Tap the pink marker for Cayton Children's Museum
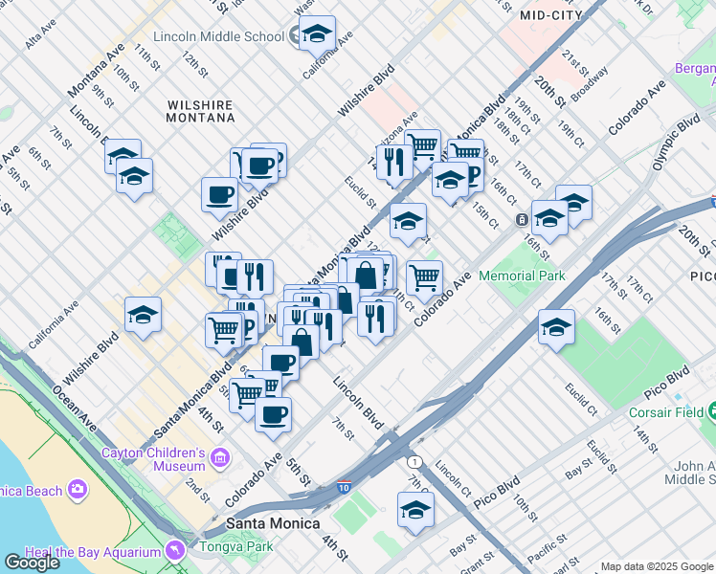click(x=221, y=458)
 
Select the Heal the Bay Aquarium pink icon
click(x=174, y=551)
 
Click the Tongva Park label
click(x=235, y=547)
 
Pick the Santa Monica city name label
click(x=264, y=524)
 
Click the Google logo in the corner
click(x=32, y=562)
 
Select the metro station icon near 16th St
click(x=523, y=219)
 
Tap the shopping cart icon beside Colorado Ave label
click(x=424, y=277)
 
